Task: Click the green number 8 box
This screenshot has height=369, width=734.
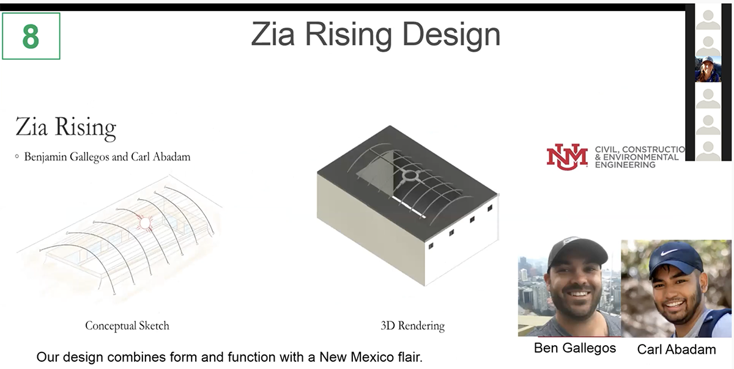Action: click(x=31, y=36)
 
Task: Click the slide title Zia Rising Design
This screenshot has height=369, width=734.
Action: click(x=375, y=35)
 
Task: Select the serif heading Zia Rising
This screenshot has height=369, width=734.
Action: click(x=65, y=128)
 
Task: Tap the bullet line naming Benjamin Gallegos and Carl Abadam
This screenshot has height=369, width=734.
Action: click(x=107, y=157)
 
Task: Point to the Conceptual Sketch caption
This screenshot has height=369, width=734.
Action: click(x=127, y=326)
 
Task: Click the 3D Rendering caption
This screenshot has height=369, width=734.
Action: click(x=412, y=326)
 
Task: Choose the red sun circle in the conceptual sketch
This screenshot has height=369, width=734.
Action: click(x=145, y=222)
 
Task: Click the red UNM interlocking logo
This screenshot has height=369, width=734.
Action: click(x=566, y=156)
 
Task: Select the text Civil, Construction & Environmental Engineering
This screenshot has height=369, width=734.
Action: click(x=639, y=157)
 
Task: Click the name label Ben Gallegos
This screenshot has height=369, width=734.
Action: click(x=574, y=348)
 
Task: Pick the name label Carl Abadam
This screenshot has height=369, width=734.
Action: click(x=676, y=349)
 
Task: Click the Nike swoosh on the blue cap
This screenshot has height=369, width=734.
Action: click(x=669, y=251)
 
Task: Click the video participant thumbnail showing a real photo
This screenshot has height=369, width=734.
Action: click(x=708, y=69)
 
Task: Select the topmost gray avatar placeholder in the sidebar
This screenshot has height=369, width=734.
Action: click(x=708, y=18)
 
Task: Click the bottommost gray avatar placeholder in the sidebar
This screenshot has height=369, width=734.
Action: click(x=708, y=150)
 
